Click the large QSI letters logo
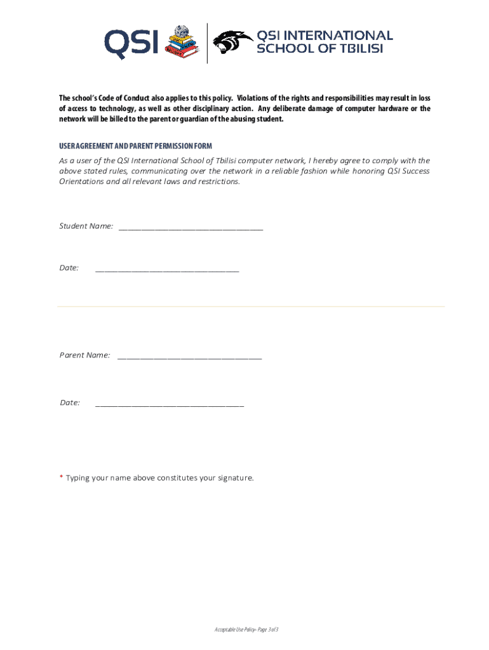132,43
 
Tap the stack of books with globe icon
182,43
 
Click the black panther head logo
232,43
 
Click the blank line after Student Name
191,227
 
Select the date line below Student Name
167,269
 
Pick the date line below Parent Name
169,404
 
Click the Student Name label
86,226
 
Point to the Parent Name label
85,355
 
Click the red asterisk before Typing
61,477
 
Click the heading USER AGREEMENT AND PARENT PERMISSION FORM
135,146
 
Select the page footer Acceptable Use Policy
246,629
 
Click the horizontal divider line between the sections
251,307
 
